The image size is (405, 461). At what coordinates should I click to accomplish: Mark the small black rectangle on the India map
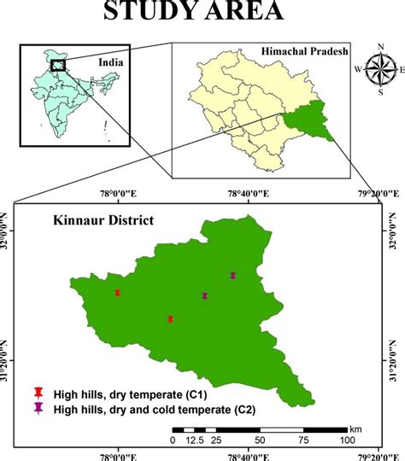coord(58,65)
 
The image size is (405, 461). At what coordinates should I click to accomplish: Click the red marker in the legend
coord(38,394)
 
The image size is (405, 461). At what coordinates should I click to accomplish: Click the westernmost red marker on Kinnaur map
coord(117,293)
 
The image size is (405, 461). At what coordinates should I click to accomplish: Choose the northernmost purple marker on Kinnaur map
coord(232,275)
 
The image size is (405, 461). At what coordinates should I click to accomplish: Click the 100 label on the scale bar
coord(347,440)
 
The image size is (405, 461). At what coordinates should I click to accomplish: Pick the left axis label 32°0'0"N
coord(8,227)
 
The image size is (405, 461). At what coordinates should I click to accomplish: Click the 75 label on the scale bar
coord(304,440)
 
